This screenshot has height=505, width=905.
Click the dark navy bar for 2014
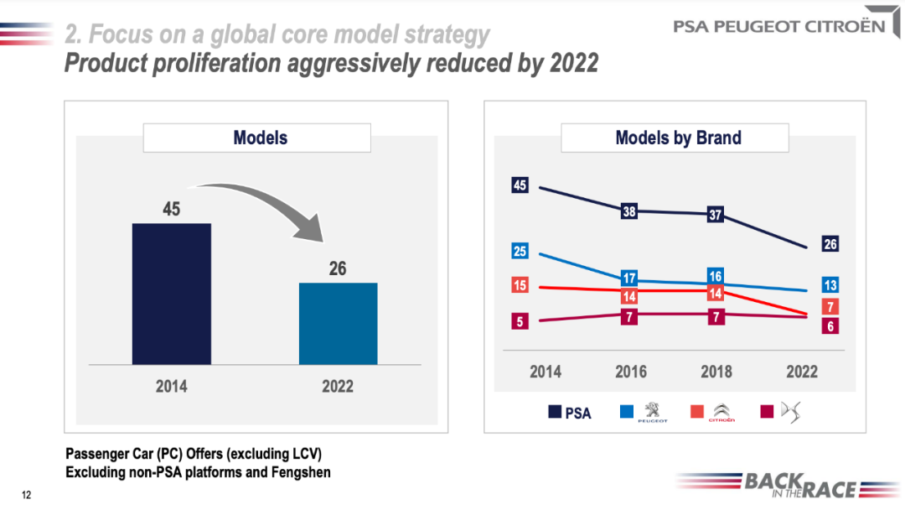[172, 294]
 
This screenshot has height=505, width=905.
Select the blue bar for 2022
[339, 323]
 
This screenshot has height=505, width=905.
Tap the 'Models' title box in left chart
[256, 138]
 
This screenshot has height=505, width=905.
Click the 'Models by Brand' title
[675, 138]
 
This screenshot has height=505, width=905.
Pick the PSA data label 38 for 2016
[628, 212]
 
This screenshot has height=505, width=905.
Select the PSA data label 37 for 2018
[715, 215]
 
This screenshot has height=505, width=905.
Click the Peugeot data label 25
[520, 251]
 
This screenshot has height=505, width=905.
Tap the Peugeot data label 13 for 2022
[830, 284]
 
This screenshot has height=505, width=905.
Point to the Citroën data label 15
[520, 285]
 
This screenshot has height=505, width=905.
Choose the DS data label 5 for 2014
[520, 321]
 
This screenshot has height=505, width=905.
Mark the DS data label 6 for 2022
[830, 326]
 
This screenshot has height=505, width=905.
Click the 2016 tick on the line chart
[630, 372]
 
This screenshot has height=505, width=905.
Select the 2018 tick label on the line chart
[716, 372]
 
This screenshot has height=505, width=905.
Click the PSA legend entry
[571, 413]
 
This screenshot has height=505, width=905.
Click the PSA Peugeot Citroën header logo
[779, 26]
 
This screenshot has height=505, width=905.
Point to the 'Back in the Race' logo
[788, 485]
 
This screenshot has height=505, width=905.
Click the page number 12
[26, 494]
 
